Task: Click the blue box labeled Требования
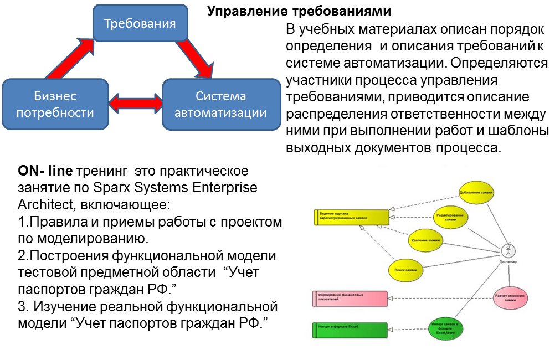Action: coord(140,23)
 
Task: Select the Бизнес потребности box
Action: coord(55,104)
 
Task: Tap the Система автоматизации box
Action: coord(221,104)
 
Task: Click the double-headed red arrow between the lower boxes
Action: coord(136,103)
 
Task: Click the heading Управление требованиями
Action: coord(299,11)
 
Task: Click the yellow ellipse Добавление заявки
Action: coord(476,192)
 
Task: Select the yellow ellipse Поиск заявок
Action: coord(405,269)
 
